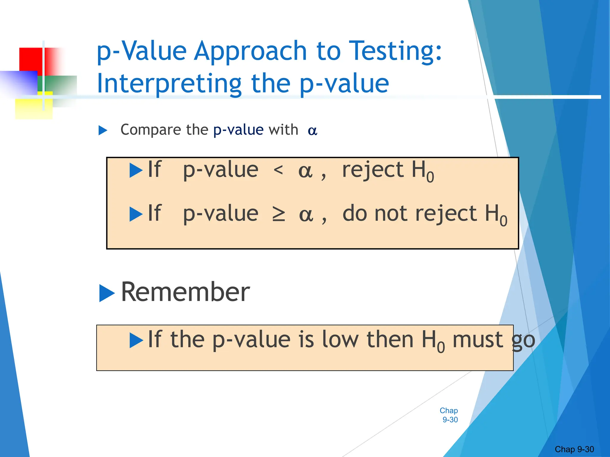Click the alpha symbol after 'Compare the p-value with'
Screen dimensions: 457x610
(312, 131)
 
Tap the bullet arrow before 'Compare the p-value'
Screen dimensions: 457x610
(103, 130)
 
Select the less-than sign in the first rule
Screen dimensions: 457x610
(278, 170)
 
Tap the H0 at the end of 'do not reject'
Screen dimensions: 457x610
(496, 215)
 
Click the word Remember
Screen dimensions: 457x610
(185, 292)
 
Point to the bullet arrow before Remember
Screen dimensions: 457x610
(106, 293)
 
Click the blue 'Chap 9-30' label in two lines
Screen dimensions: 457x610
(449, 415)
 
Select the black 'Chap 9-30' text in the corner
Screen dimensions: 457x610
(574, 449)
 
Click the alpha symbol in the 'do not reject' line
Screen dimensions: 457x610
(306, 215)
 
